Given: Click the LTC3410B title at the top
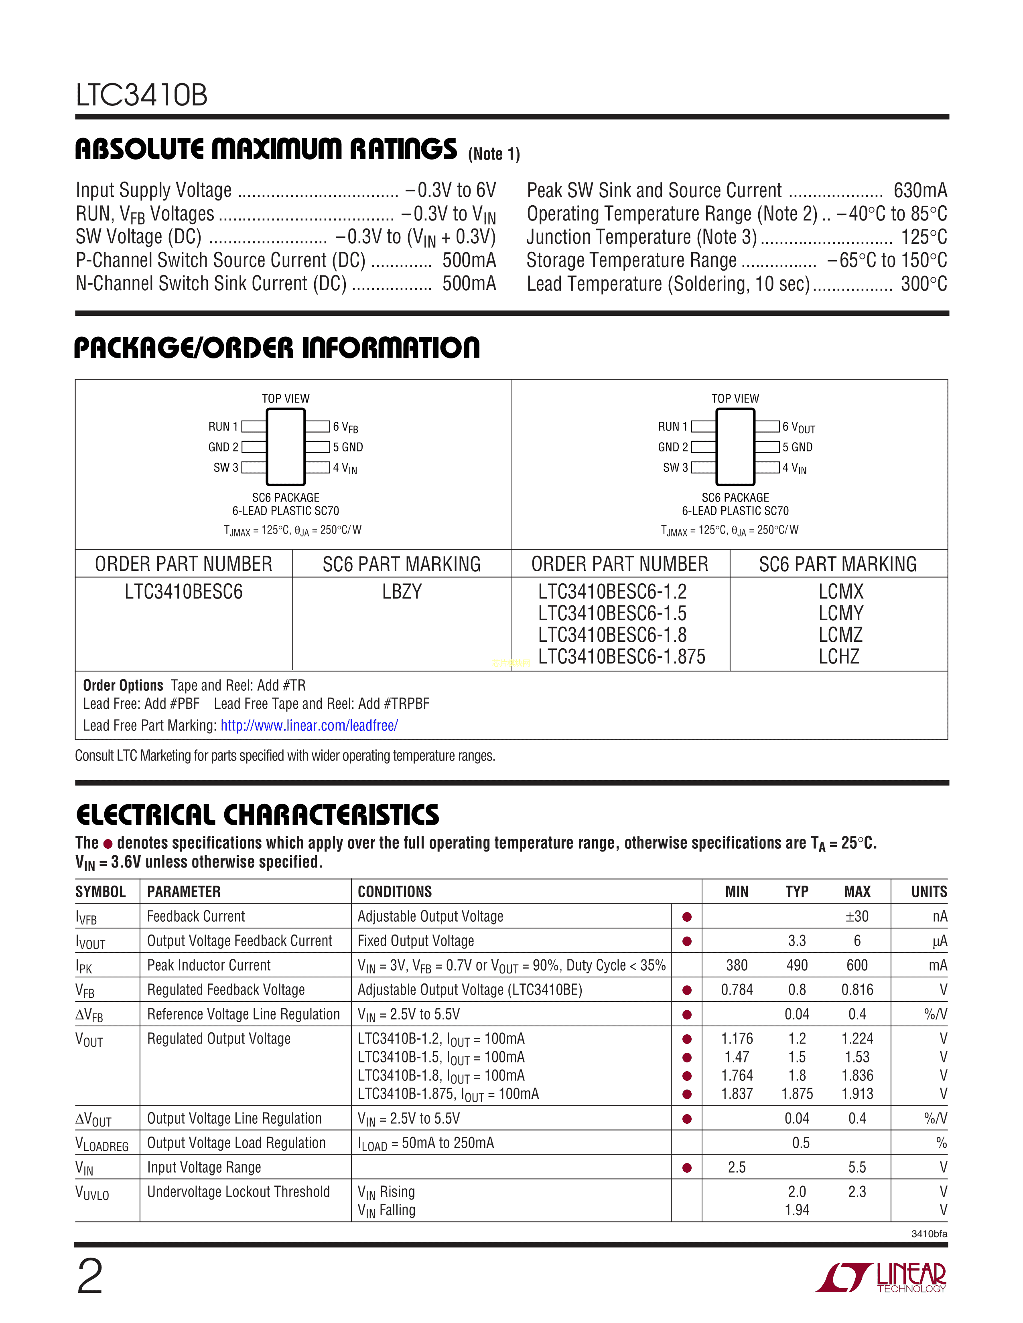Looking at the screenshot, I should tap(142, 95).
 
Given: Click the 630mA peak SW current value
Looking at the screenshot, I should tap(919, 190).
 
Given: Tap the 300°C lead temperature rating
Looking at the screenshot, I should tap(924, 283).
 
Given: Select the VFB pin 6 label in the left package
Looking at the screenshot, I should tap(345, 427).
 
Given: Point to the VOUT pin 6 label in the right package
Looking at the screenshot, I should tap(799, 427).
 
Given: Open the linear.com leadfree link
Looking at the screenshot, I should tap(309, 726).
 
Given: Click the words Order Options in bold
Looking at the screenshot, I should tap(123, 685).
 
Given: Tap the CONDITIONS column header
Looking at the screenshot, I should tap(394, 892).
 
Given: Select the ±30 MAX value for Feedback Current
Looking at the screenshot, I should tap(857, 916).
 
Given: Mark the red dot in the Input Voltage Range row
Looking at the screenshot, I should tap(687, 1167).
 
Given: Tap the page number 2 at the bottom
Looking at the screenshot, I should tap(90, 1276).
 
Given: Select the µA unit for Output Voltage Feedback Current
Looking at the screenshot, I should tap(940, 941).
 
